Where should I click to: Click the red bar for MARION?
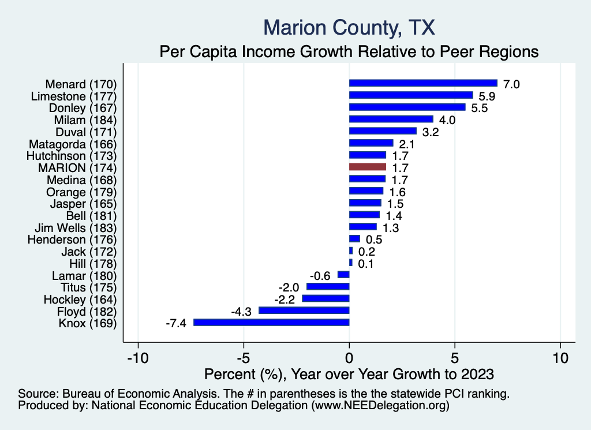pyautogui.click(x=368, y=167)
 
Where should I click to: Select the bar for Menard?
pyautogui.click(x=423, y=83)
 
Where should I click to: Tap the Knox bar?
pyautogui.click(x=271, y=322)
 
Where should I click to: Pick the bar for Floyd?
pyautogui.click(x=304, y=311)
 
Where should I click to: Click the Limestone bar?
pyautogui.click(x=411, y=95)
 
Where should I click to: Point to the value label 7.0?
pyautogui.click(x=511, y=84)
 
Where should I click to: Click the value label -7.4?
pyautogui.click(x=175, y=323)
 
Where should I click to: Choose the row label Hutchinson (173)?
pyautogui.click(x=72, y=155)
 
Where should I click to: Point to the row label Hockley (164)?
pyautogui.click(x=80, y=299)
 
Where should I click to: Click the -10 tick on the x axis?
pyautogui.click(x=138, y=357)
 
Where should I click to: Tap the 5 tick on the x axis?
pyautogui.click(x=455, y=357)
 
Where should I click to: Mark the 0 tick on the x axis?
pyautogui.click(x=349, y=357)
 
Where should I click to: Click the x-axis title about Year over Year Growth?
pyautogui.click(x=349, y=374)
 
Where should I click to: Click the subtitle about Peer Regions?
pyautogui.click(x=349, y=51)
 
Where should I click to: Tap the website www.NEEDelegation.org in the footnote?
pyautogui.click(x=380, y=406)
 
